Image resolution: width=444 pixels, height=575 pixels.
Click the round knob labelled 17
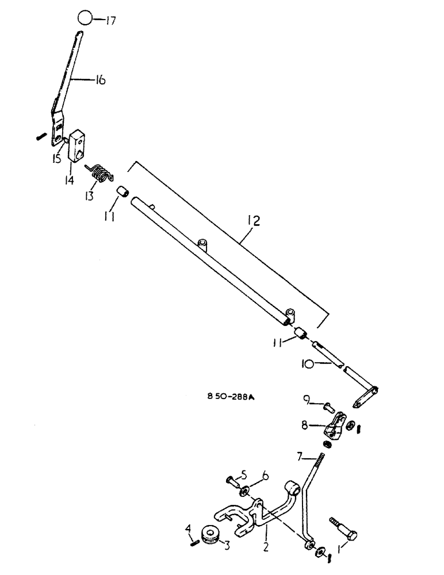85,18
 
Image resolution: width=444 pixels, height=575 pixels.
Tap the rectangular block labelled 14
77,145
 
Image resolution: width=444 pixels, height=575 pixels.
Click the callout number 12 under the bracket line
254,220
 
